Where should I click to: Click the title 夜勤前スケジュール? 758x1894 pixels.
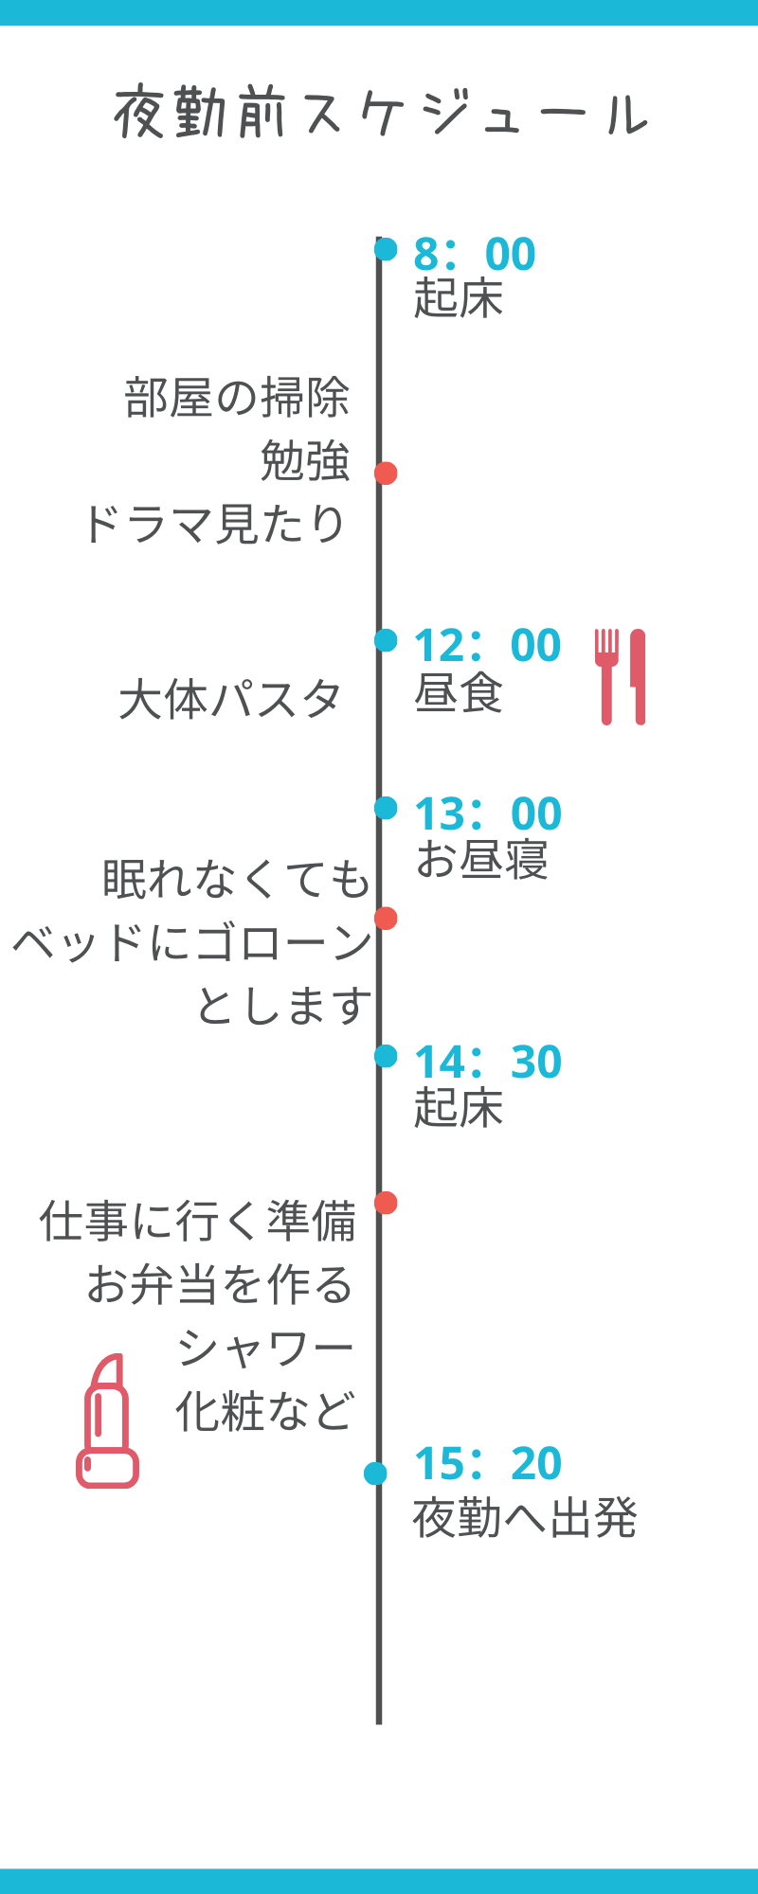(x=380, y=114)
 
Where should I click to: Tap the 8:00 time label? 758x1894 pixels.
(x=475, y=254)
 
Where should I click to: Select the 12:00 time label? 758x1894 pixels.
(x=488, y=646)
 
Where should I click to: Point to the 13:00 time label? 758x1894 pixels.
(x=488, y=814)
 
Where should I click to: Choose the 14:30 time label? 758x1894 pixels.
(x=488, y=1063)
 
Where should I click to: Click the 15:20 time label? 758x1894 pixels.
(x=488, y=1464)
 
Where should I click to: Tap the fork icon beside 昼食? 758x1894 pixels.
(x=606, y=676)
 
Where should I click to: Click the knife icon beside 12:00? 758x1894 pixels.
(x=638, y=676)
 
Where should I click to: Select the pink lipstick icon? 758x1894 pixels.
(x=107, y=1420)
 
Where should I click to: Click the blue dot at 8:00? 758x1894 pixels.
(x=386, y=249)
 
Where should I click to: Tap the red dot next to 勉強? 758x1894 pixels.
(x=386, y=473)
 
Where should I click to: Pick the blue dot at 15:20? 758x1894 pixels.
(x=375, y=1474)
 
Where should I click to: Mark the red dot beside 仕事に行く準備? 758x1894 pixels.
(x=386, y=1203)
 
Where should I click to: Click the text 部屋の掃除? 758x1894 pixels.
(x=237, y=398)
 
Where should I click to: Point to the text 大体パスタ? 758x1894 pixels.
(x=230, y=701)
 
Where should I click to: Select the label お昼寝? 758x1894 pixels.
(x=481, y=860)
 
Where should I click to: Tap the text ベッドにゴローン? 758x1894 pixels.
(x=192, y=942)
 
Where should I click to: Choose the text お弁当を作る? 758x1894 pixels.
(x=220, y=1285)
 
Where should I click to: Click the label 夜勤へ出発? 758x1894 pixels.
(x=525, y=1518)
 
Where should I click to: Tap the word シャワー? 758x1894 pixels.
(x=265, y=1348)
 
